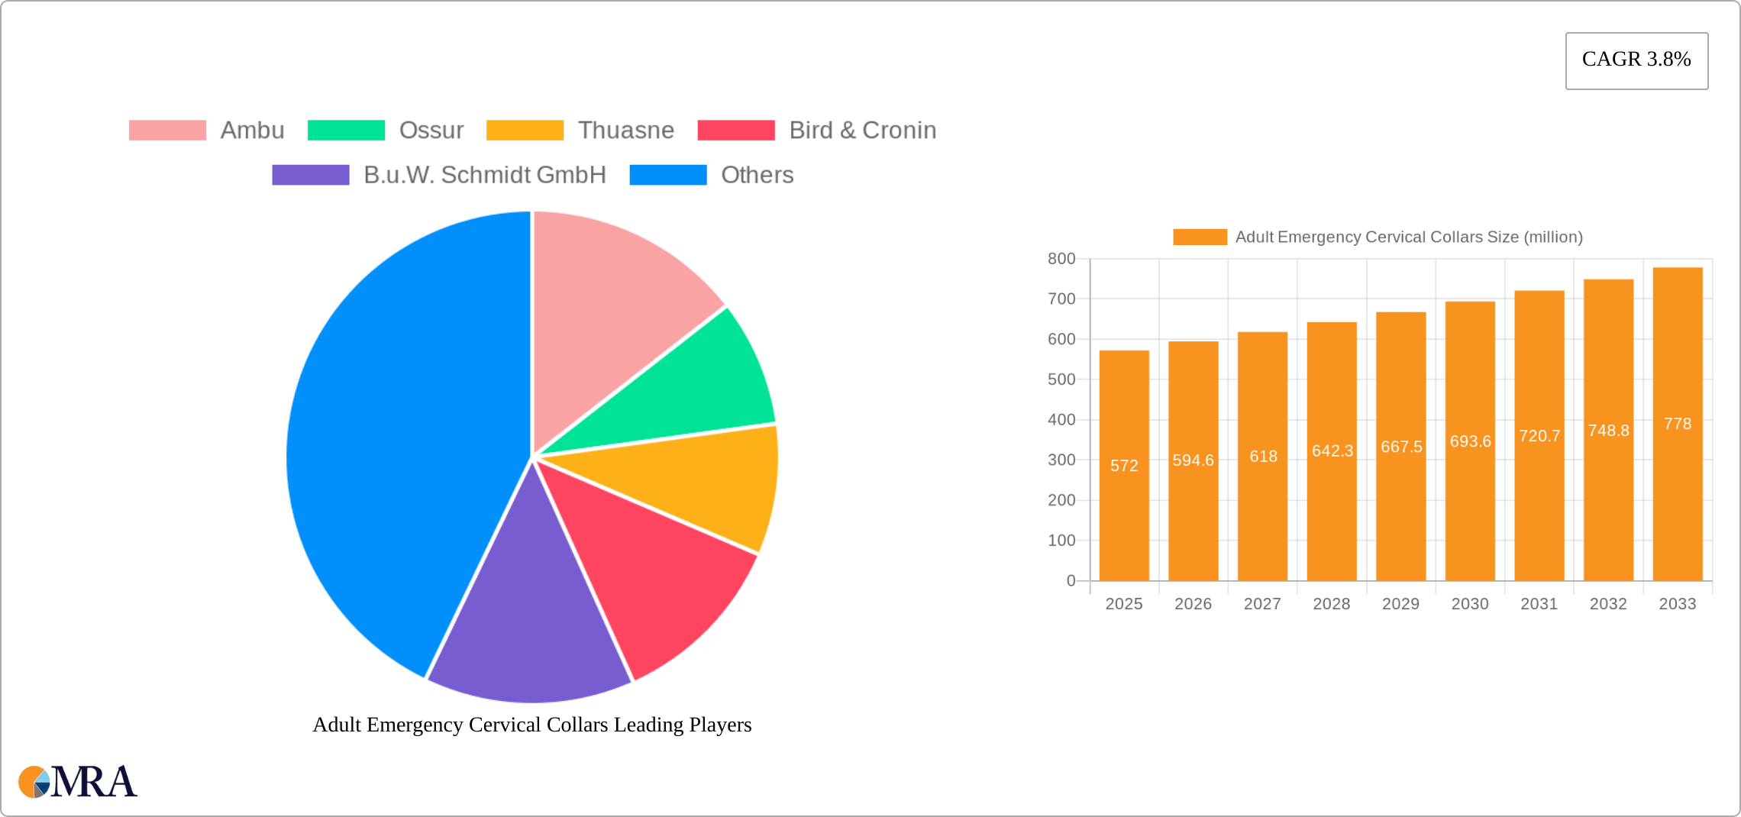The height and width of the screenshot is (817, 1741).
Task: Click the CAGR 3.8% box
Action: click(x=1636, y=60)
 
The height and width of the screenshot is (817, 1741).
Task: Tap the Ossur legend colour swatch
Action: click(x=346, y=131)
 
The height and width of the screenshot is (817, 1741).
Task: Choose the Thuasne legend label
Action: click(x=625, y=131)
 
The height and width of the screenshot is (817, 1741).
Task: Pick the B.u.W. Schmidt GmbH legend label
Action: click(x=484, y=175)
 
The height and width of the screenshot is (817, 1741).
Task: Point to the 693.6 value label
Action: click(x=1470, y=441)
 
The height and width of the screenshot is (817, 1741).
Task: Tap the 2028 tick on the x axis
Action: click(x=1331, y=604)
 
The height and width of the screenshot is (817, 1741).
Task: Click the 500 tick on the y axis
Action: click(x=1061, y=379)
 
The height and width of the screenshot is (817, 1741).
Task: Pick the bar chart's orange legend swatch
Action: click(x=1200, y=237)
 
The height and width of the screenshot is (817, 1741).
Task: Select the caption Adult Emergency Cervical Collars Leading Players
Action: click(x=532, y=725)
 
